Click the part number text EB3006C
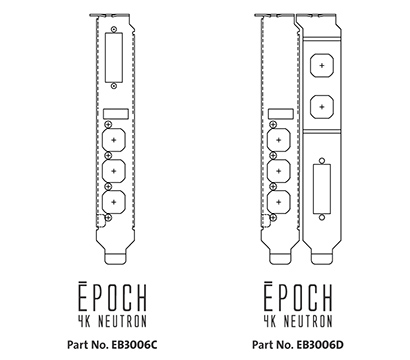pyautogui.click(x=139, y=344)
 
